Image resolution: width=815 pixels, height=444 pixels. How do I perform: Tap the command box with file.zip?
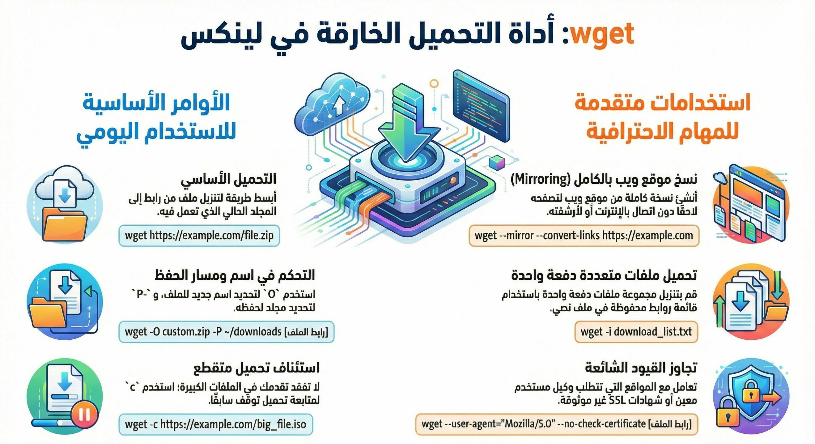(x=199, y=236)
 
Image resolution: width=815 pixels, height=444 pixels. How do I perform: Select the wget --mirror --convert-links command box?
(x=584, y=236)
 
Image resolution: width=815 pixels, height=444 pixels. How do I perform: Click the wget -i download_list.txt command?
(x=636, y=332)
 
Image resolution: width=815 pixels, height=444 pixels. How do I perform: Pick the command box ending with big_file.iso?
(x=216, y=424)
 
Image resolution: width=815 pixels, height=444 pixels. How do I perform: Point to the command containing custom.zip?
(x=226, y=332)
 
